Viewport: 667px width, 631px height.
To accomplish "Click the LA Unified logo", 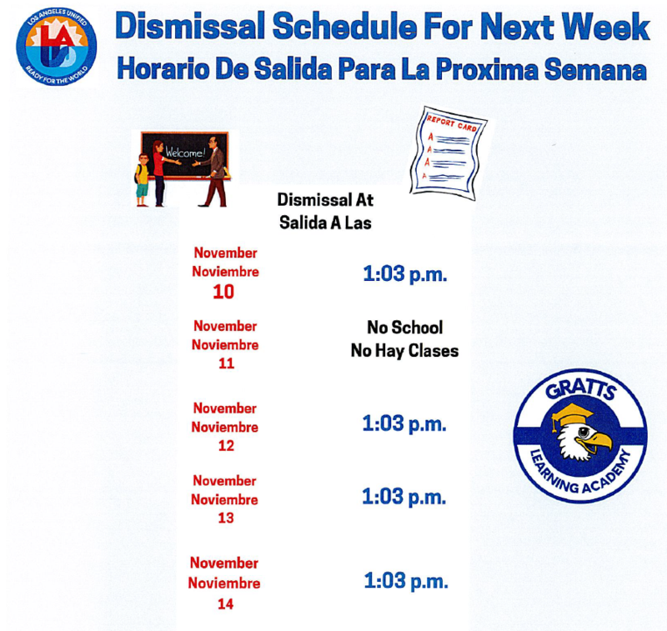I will click(x=57, y=45).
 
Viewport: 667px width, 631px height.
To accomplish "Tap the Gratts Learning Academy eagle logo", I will click(x=579, y=436).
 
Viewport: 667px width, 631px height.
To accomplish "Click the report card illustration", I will click(x=449, y=150).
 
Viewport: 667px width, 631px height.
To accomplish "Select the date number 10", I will click(x=223, y=292).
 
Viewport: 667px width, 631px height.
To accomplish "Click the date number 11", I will click(x=225, y=363).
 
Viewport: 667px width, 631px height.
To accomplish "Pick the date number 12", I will click(x=225, y=445).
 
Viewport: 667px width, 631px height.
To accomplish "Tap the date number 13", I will click(x=225, y=518).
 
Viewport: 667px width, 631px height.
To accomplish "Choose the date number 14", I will click(x=225, y=603).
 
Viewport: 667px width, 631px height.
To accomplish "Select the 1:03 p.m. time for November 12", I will click(x=404, y=423).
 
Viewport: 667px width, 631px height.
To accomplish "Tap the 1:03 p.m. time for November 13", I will click(x=404, y=497).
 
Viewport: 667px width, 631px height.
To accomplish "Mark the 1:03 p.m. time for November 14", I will click(x=406, y=580).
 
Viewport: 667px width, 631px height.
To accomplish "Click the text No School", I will click(x=404, y=328).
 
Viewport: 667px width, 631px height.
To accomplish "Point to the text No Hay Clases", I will click(x=404, y=351).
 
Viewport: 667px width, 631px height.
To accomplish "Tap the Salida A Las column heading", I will click(x=325, y=223).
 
